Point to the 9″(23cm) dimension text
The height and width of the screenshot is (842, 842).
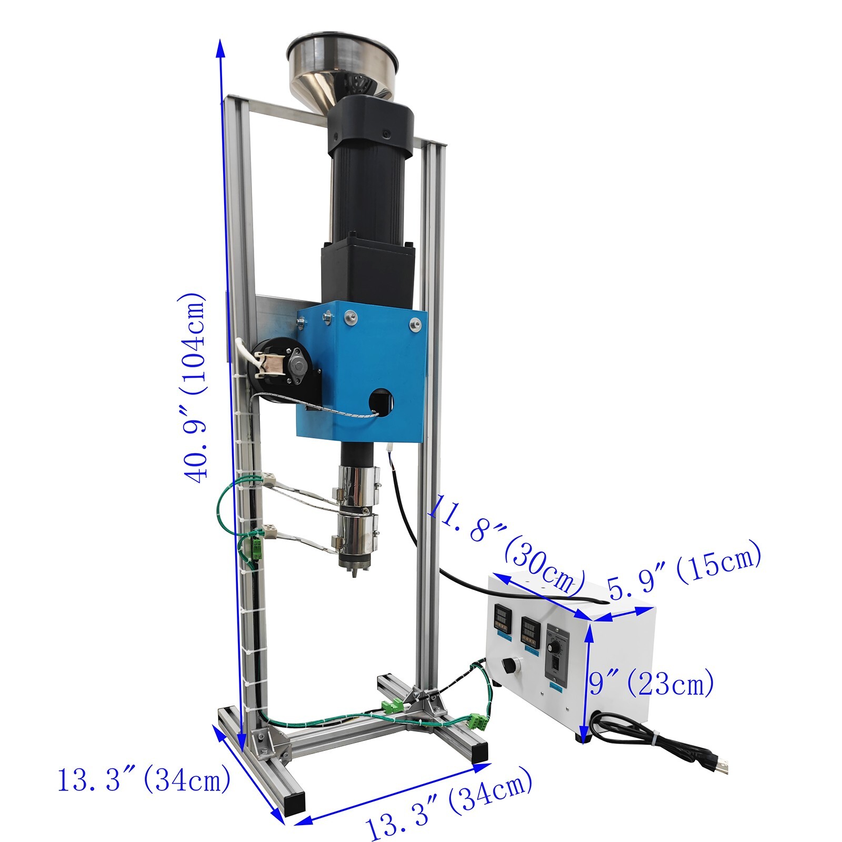[x=651, y=684]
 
